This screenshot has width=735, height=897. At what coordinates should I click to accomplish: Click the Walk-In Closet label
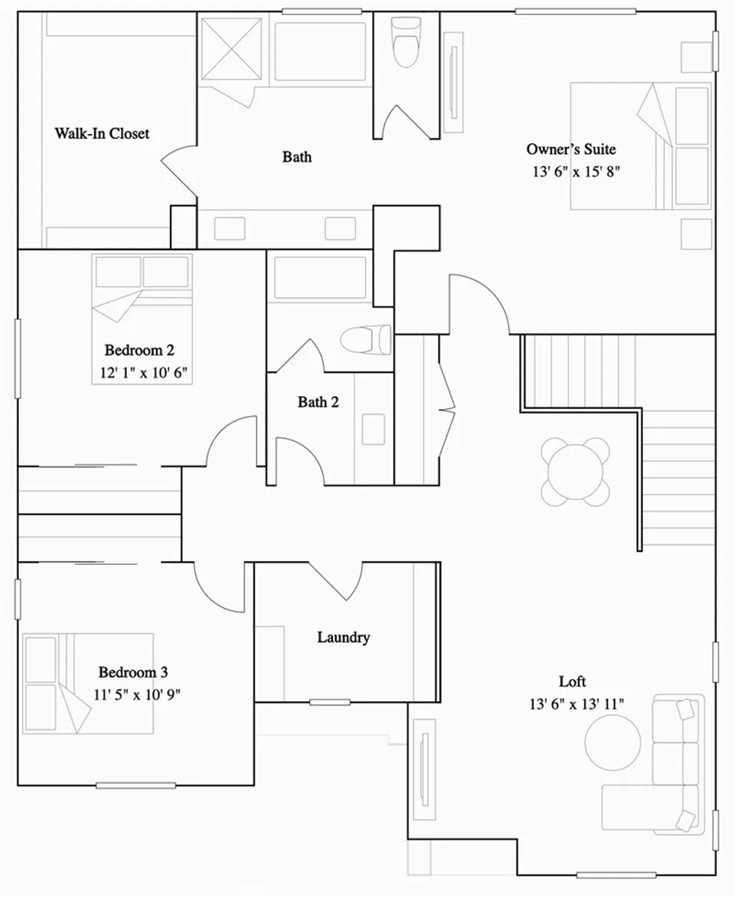102,133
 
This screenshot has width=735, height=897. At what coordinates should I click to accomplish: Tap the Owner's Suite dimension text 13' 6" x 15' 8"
575,172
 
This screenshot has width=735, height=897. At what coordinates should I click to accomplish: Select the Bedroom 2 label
139,350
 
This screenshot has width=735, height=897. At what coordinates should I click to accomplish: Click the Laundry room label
343,637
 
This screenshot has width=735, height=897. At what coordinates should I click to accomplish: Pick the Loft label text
572,682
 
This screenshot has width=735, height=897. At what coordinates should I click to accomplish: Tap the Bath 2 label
318,402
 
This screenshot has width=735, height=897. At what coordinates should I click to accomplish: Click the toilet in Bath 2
365,339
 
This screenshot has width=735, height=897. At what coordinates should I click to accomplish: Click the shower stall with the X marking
230,48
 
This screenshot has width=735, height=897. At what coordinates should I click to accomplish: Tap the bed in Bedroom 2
142,319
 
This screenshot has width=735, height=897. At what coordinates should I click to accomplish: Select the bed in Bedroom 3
88,683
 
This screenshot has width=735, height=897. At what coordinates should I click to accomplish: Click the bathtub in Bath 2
320,278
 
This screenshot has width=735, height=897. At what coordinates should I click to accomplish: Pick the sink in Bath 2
373,429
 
